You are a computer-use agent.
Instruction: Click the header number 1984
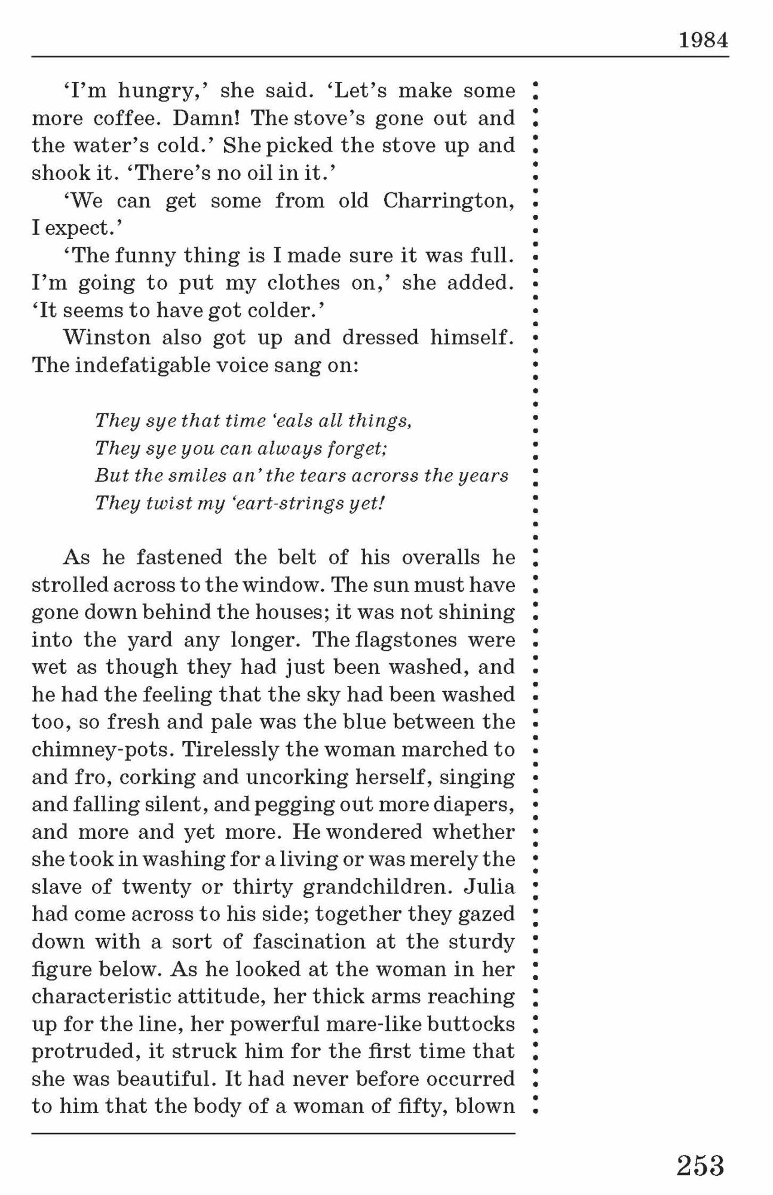703,41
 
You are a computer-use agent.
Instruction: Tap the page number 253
700,1166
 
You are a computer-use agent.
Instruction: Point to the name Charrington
448,201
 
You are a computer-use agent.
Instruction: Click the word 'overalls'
440,557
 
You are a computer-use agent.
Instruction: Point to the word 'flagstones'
407,640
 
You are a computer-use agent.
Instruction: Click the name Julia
489,886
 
